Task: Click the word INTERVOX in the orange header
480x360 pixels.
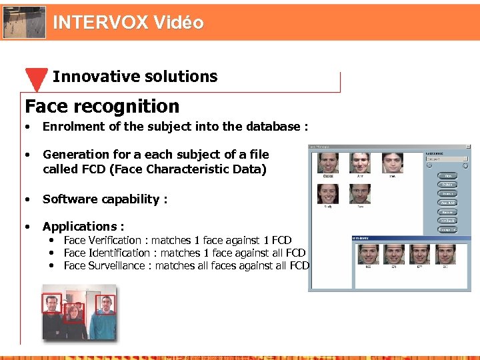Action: (100, 23)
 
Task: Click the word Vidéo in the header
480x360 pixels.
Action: (178, 23)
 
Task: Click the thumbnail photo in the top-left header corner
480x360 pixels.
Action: (23, 22)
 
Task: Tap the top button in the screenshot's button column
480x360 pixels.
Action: (447, 176)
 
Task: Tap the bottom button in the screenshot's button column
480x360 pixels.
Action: (447, 229)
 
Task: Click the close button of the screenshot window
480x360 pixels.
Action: (468, 147)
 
